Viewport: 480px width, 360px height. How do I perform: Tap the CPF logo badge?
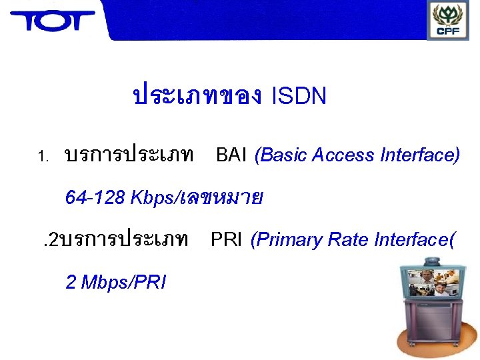447,20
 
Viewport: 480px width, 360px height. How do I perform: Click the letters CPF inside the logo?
447,31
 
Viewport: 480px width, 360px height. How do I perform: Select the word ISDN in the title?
299,97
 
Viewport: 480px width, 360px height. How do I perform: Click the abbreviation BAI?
231,155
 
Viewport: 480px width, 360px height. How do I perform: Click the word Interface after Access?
420,155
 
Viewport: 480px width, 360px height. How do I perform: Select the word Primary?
279,239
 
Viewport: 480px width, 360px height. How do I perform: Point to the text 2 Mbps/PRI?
116,282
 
